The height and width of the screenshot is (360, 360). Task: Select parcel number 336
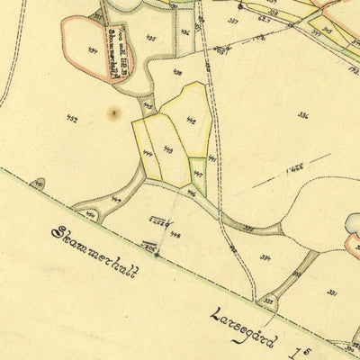pyautogui.click(x=302, y=115)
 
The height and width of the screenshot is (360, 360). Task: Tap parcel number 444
pyautogui.click(x=147, y=154)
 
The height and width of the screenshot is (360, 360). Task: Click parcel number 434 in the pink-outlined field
pyautogui.click(x=93, y=50)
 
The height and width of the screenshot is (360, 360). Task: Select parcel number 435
pyautogui.click(x=149, y=38)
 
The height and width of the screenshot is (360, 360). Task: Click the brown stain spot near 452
pyautogui.click(x=112, y=113)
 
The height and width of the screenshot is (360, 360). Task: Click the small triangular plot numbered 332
pyautogui.click(x=267, y=300)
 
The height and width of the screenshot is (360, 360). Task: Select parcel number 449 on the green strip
pyautogui.click(x=117, y=199)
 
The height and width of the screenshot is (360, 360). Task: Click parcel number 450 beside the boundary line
pyautogui.click(x=91, y=215)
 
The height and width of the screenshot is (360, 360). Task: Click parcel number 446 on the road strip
pyautogui.click(x=191, y=193)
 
